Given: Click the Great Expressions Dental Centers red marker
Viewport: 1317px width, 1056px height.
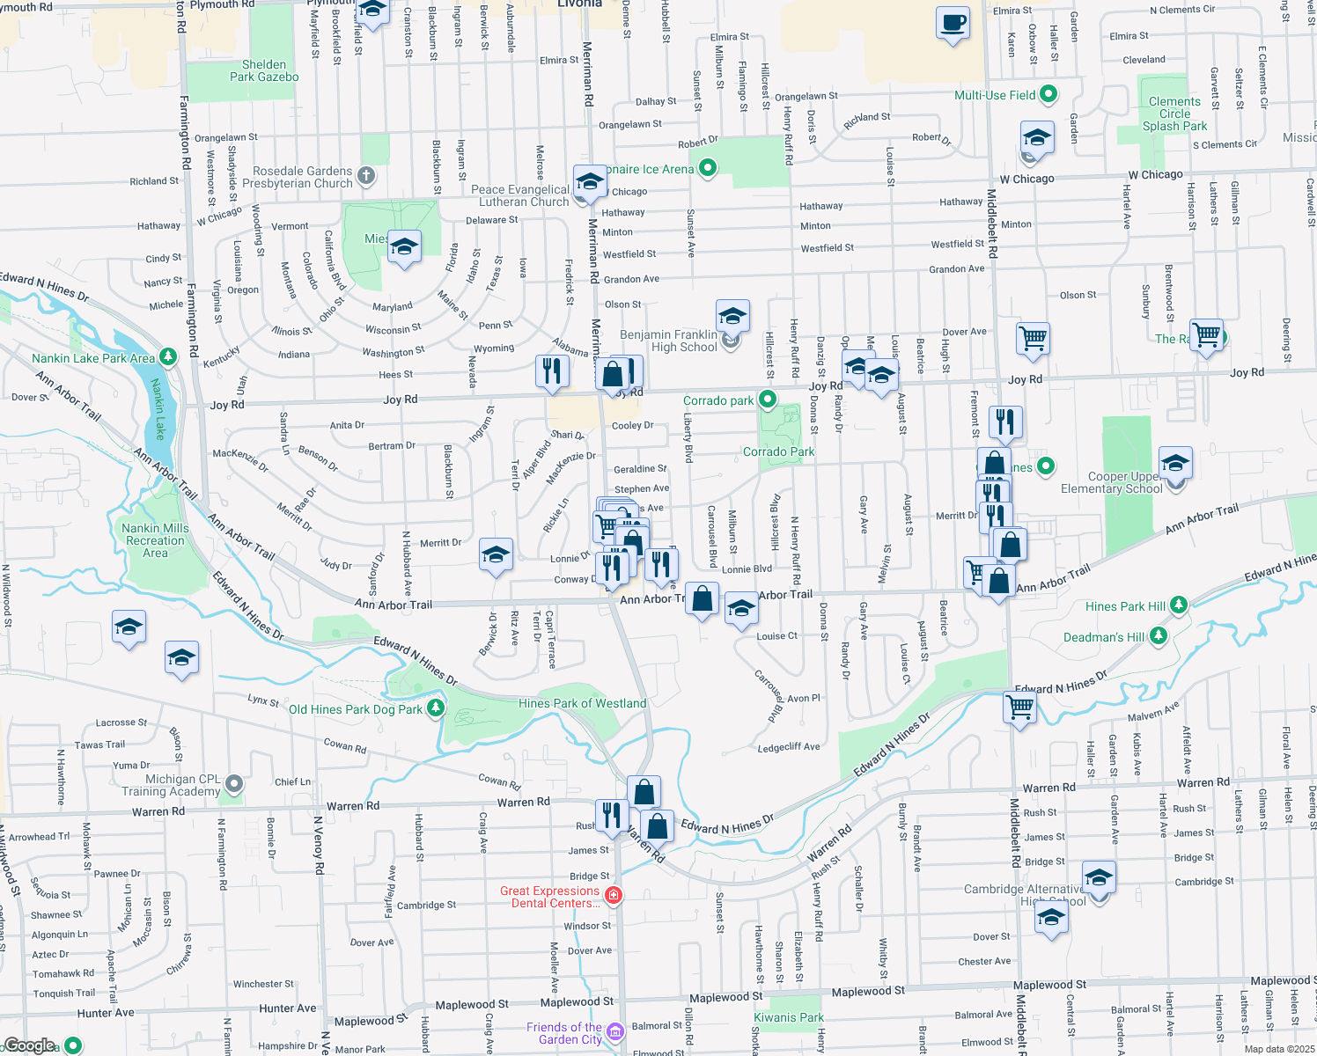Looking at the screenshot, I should point(614,896).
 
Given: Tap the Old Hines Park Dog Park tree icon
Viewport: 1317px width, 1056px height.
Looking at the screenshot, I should point(435,708).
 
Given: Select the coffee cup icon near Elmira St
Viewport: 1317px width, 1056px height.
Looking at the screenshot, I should point(952,23).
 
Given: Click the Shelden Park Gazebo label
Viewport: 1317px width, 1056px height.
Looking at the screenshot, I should point(264,70).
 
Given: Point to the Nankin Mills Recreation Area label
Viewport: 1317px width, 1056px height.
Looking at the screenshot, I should point(155,540).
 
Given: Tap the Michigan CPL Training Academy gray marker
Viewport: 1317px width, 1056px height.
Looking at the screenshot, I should point(234,783).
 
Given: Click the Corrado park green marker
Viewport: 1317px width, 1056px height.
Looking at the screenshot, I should point(768,400).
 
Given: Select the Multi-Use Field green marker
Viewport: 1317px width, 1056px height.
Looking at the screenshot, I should point(1048,94).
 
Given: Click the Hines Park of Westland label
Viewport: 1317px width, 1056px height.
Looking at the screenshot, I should point(582,703).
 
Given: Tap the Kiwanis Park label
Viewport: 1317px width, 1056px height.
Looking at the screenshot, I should point(789,1017).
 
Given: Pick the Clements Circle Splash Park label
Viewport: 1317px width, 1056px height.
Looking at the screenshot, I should point(1174,114).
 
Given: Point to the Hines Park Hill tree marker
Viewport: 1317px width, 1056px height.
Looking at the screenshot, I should point(1179,605).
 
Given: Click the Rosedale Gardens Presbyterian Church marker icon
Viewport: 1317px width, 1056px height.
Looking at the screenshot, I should point(365,176).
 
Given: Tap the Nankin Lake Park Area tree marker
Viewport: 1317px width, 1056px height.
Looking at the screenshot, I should point(167,357).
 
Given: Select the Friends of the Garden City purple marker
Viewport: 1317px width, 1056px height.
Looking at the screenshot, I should point(614,1031).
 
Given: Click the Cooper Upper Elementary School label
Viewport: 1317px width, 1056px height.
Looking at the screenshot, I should point(1112,482).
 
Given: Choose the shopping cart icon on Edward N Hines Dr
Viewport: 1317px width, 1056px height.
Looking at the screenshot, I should point(1019,706).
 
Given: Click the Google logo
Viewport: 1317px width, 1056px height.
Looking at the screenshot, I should point(29,1045).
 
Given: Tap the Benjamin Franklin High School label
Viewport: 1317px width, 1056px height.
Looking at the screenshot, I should point(669,341).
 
